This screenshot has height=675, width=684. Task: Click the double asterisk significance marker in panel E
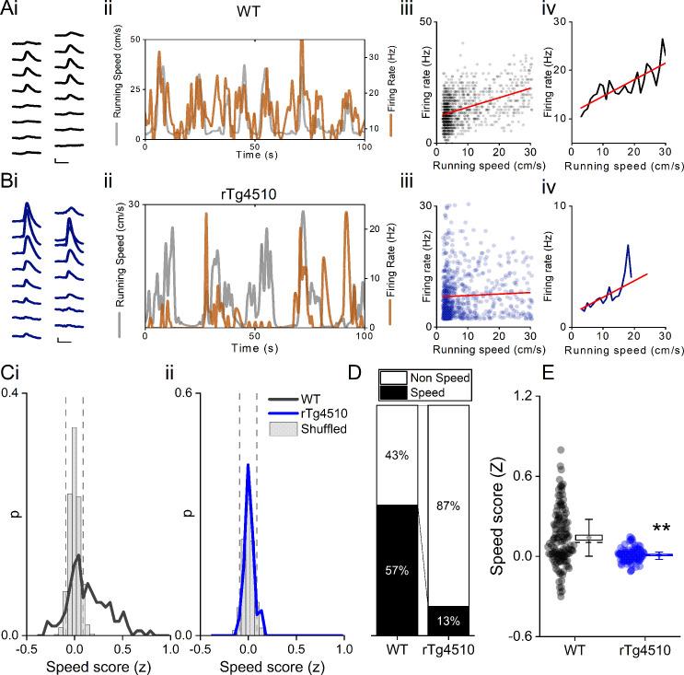pos(662,529)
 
